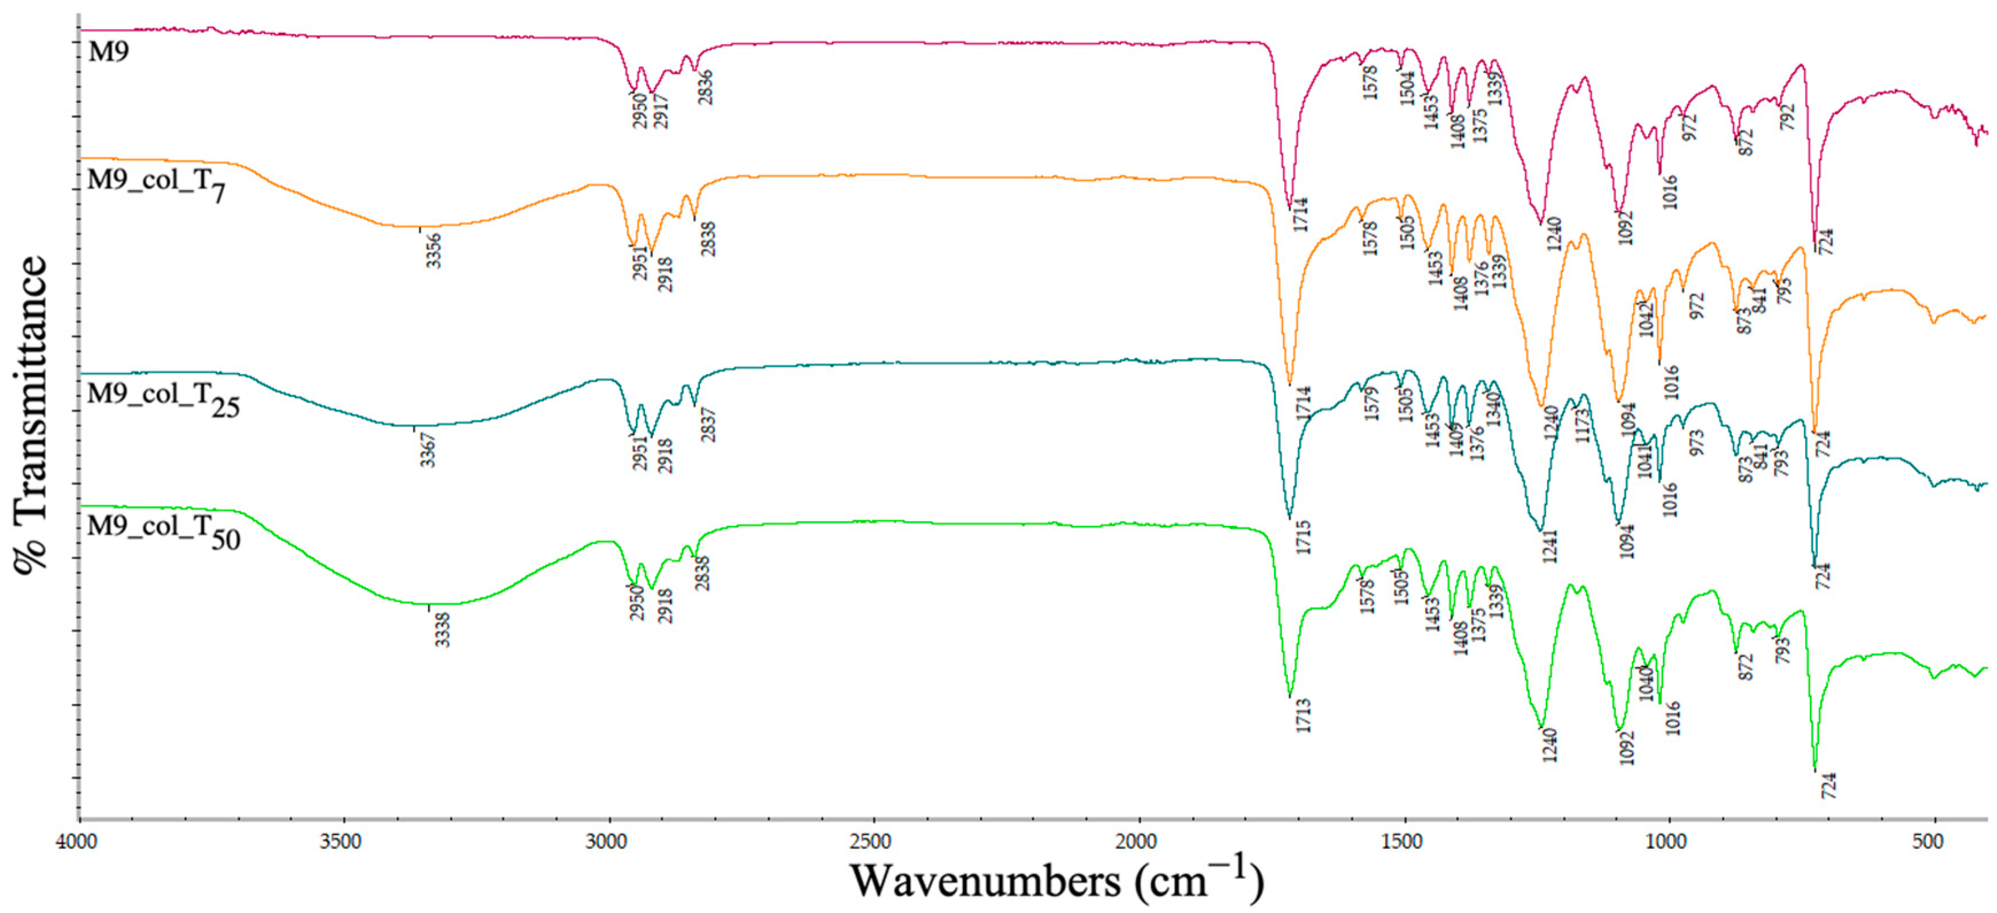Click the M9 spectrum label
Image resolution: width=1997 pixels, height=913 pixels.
(x=108, y=52)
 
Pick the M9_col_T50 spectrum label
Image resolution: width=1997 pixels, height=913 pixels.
(x=164, y=531)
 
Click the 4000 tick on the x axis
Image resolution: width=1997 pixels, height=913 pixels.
(x=77, y=842)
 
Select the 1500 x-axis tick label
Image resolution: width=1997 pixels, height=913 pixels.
(x=1401, y=842)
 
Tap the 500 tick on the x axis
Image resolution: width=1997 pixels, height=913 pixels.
(x=1928, y=842)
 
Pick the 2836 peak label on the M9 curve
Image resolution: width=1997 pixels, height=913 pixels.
(x=705, y=88)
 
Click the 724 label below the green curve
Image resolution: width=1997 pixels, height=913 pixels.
(x=1829, y=786)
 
